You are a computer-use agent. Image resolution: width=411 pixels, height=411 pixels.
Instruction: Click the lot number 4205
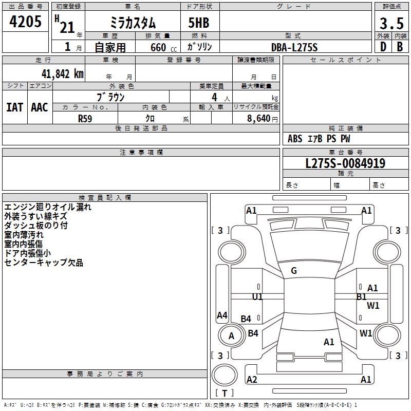[x=25, y=21]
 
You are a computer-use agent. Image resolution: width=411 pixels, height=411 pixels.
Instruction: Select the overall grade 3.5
[x=391, y=23]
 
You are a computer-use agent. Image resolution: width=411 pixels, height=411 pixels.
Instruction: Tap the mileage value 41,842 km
[x=62, y=74]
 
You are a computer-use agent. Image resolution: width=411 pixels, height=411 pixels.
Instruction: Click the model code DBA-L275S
[x=294, y=47]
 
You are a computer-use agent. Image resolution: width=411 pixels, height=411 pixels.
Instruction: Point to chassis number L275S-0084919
[x=345, y=163]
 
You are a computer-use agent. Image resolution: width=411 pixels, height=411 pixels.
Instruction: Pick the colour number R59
[x=85, y=119]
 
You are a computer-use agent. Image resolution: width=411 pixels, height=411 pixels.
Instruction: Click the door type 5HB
[x=199, y=23]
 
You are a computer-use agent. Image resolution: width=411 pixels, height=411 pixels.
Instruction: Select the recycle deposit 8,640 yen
[x=262, y=119]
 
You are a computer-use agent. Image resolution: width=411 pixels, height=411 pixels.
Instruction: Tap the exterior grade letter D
[x=383, y=47]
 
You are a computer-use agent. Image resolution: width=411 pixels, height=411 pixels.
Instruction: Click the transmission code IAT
[x=15, y=107]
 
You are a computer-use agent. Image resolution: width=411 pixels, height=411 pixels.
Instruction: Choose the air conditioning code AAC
[x=40, y=107]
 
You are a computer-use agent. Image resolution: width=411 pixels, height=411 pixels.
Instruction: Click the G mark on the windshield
[x=294, y=271]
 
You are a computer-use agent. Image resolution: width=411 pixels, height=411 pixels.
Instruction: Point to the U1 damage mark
[x=257, y=297]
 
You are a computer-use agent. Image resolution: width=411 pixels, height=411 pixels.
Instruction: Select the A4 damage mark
[x=222, y=315]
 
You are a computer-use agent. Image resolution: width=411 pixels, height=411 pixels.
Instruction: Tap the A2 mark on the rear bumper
[x=252, y=379]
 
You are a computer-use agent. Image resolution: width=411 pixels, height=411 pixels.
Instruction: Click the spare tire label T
[x=225, y=393]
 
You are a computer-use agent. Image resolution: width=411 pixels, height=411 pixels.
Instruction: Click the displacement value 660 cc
[x=163, y=48]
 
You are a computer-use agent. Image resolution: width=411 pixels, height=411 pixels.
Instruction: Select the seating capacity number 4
[x=214, y=97]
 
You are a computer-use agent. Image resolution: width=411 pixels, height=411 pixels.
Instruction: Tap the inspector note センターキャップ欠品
[x=44, y=263]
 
